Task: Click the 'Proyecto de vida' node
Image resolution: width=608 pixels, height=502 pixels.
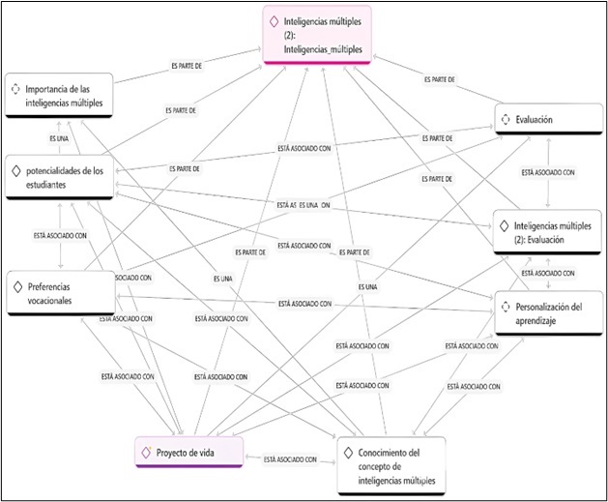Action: tap(188, 453)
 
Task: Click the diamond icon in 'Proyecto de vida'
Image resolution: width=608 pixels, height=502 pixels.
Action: tap(146, 452)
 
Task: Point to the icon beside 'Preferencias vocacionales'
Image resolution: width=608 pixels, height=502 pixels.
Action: tap(18, 286)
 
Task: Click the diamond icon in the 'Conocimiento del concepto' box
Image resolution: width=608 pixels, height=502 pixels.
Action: tap(350, 453)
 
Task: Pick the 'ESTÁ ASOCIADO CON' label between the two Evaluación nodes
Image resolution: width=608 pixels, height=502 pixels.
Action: tap(548, 173)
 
